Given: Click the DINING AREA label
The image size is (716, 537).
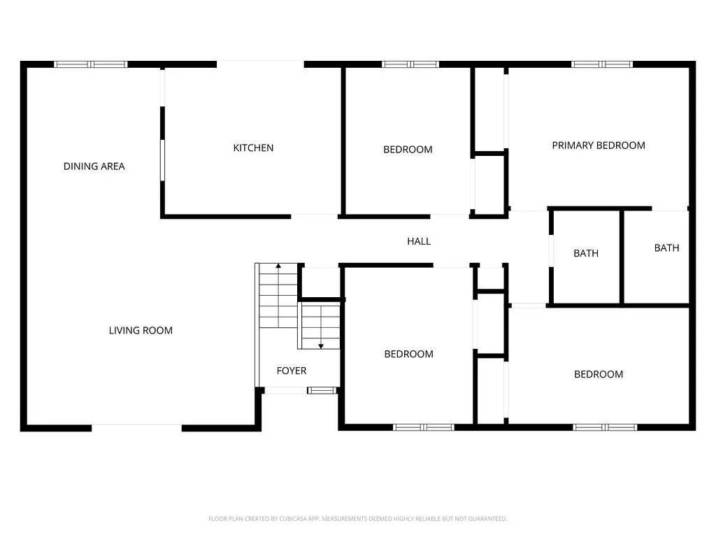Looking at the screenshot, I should [94, 166].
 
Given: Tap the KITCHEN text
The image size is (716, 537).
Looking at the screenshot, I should [253, 148].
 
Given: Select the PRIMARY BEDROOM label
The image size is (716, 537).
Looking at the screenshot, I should [599, 145].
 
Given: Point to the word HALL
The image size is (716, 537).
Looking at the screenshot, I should [419, 241].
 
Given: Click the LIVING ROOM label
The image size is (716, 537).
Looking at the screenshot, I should [141, 331].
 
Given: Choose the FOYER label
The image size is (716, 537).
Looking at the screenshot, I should [292, 371].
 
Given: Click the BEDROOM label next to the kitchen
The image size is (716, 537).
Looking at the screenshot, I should [408, 150].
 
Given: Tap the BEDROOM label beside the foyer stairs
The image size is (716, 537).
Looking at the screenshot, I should [408, 355].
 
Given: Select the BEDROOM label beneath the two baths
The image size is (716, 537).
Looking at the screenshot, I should [599, 375].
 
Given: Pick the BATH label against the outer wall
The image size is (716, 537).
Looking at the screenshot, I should [666, 248].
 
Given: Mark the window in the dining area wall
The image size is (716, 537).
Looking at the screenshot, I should [92, 64].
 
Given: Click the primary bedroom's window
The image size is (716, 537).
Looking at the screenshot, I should [602, 64].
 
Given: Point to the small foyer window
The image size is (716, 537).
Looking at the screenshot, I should [322, 390].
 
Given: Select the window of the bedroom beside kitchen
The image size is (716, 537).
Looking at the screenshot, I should [410, 64].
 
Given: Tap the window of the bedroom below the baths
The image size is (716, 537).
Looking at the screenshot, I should [605, 427].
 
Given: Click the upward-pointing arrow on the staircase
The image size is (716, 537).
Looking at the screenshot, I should [278, 266].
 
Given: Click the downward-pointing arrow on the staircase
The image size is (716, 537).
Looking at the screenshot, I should [321, 345].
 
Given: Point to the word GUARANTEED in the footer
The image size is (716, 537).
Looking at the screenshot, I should [487, 519].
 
